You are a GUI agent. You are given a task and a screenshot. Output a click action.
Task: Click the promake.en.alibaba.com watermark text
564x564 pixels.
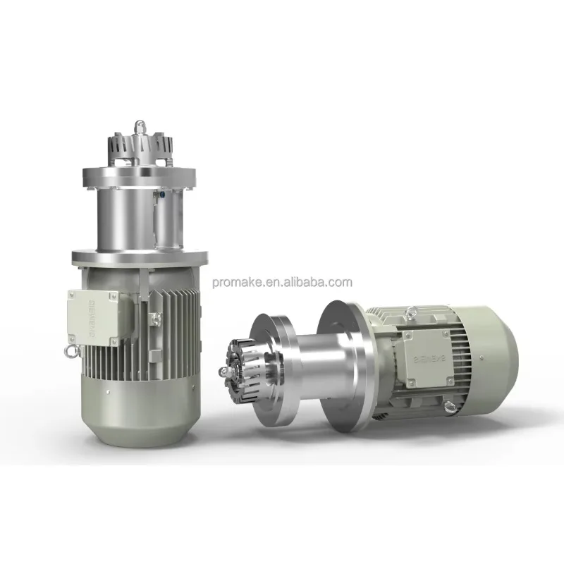[281, 283]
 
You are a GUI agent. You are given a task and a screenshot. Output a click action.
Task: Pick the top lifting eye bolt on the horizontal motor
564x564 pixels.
[408, 308]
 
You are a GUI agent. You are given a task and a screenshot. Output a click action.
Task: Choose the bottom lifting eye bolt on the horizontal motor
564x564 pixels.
[448, 407]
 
